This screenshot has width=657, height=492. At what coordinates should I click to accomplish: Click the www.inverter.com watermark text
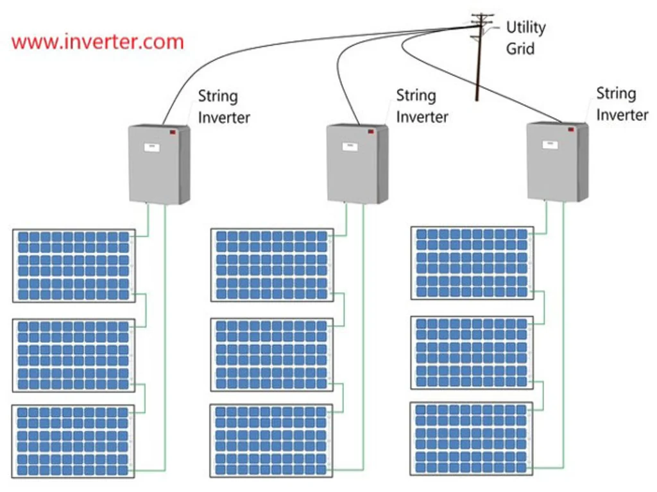[x=98, y=42]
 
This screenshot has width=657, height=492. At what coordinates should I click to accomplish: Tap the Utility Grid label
[x=525, y=38]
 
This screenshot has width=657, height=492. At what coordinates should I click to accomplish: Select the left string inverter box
[x=158, y=165]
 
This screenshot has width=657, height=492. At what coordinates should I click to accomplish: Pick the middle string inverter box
[x=357, y=164]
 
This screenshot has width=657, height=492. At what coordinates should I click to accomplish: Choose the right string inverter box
[x=556, y=162]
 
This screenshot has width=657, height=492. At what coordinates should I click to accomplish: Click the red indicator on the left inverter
[x=173, y=132]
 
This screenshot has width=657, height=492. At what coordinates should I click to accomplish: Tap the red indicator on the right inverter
[x=570, y=129]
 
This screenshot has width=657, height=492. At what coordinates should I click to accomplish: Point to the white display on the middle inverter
[x=350, y=147]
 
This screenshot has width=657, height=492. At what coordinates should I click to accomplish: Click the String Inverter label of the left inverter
[x=223, y=107]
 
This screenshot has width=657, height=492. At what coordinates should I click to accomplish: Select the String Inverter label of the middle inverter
[x=422, y=106]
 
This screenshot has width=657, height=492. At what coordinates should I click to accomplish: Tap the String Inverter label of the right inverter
[x=622, y=104]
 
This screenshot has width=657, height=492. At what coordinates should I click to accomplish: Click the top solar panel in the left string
[x=74, y=265]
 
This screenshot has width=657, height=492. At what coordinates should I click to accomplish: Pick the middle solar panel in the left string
[x=74, y=355]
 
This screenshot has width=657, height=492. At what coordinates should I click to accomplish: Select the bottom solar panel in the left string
[x=74, y=441]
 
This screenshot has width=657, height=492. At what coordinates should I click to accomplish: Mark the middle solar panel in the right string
[x=472, y=352]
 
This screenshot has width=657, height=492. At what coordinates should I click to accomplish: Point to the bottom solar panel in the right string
[x=472, y=439]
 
